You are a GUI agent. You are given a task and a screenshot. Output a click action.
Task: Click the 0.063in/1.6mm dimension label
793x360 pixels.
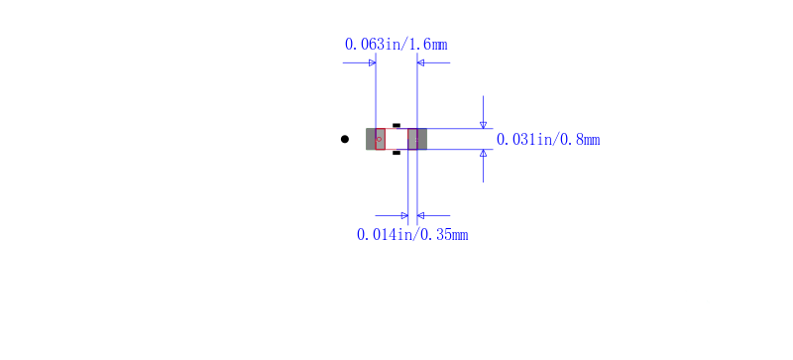click(x=396, y=45)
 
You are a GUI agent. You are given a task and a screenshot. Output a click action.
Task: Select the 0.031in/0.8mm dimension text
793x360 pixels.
click(x=548, y=139)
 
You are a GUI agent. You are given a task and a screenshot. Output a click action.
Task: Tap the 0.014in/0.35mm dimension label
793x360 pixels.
click(x=412, y=235)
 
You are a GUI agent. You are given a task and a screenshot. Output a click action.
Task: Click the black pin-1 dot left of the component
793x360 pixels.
click(x=344, y=139)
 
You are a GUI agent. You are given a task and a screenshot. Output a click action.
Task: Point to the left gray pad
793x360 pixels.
click(x=376, y=139)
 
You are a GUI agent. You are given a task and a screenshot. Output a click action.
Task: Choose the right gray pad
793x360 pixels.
click(x=417, y=139)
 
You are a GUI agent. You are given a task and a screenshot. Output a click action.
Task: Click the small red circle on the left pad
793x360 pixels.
click(x=379, y=139)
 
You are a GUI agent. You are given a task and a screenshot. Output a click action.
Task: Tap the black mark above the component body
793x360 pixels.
click(x=396, y=125)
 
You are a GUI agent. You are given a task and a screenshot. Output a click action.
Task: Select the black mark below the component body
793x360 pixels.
click(x=396, y=153)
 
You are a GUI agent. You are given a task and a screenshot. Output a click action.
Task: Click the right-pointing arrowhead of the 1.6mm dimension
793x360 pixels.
click(x=373, y=62)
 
